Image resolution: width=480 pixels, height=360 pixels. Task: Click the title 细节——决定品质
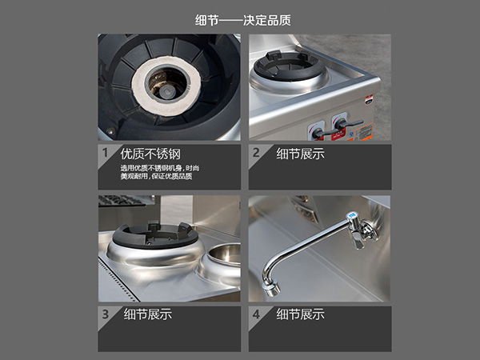(x=242, y=21)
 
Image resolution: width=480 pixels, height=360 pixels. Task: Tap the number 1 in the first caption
(x=106, y=153)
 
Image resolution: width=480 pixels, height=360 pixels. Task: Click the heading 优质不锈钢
(x=150, y=154)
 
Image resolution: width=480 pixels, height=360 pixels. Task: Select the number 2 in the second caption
(x=256, y=153)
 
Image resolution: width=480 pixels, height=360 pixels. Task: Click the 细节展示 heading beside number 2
(x=300, y=154)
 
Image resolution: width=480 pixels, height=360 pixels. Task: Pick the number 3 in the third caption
(x=106, y=314)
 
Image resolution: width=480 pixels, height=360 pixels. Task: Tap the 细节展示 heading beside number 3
(x=148, y=314)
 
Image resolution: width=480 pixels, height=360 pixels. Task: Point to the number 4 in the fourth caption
(x=256, y=314)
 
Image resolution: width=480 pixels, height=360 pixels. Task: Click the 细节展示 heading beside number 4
(x=300, y=314)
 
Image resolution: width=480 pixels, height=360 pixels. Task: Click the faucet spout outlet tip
(x=271, y=290)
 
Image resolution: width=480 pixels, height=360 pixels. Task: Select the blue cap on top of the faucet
(x=351, y=215)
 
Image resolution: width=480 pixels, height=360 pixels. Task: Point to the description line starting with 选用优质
(x=159, y=168)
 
